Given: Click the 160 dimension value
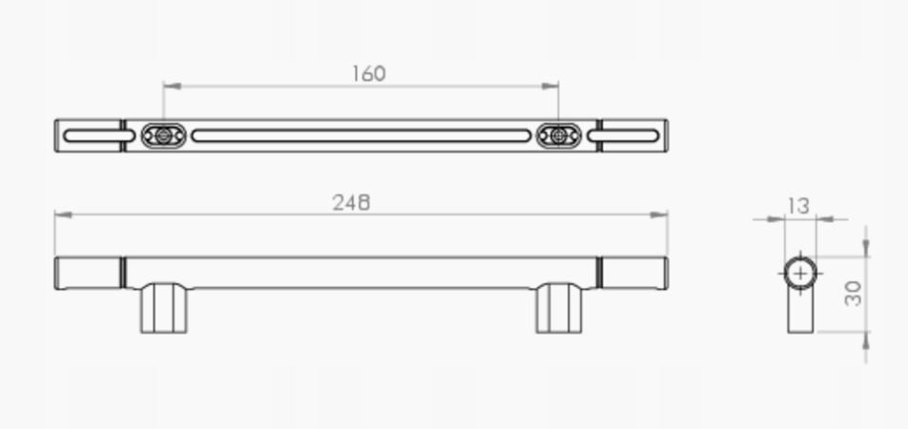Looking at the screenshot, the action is pos(369,73).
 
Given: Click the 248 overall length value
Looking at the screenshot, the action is pos(351,203).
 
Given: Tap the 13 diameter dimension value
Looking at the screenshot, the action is pos(799,206).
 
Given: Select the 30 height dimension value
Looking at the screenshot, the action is pos(853,294).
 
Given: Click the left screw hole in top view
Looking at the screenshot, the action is pos(164,136).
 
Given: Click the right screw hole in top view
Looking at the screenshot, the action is pos(558,136).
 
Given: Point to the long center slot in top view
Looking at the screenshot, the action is pos(361,136).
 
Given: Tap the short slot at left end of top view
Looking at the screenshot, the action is pos(92,136).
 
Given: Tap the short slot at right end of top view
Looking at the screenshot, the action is pos(623,136).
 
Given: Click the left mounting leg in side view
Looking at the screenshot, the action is pos(164,308).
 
